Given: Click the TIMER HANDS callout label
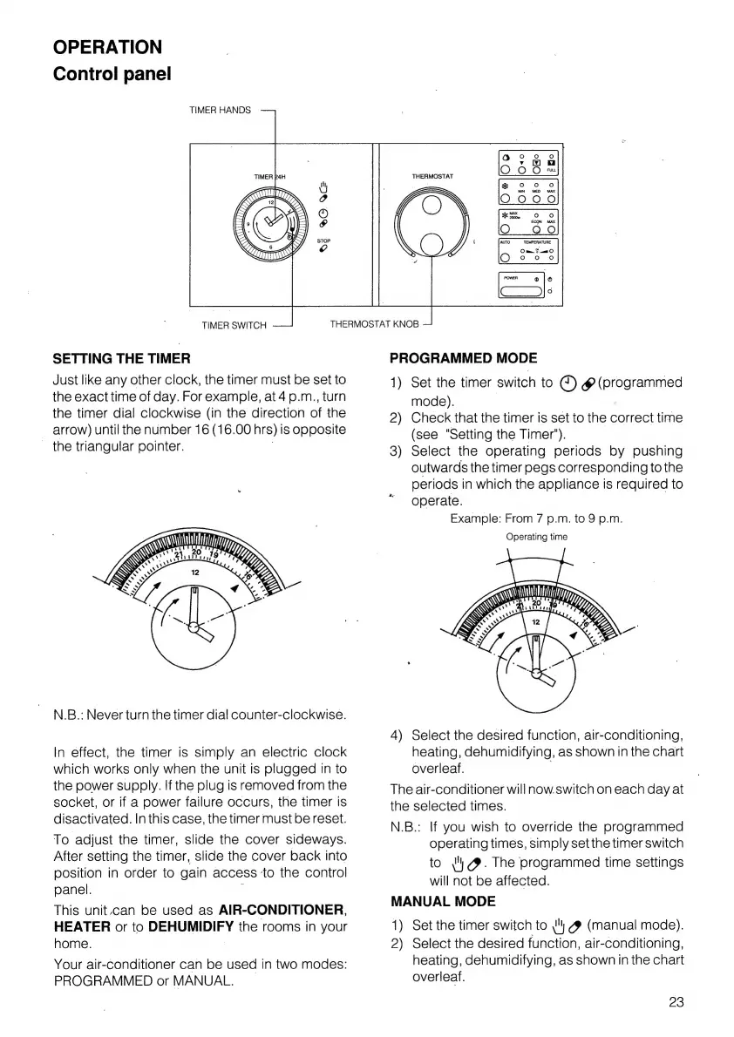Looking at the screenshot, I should (220, 111).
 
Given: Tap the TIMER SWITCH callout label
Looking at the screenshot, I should (234, 325).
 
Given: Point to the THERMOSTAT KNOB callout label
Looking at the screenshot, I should (375, 324).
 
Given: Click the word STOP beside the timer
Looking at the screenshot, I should (323, 241).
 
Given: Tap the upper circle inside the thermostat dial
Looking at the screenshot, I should (432, 205).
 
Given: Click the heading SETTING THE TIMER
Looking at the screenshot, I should (122, 358).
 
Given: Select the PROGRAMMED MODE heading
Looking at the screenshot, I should (463, 358).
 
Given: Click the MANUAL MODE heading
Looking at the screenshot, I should (443, 901).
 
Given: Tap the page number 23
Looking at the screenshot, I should (676, 1002).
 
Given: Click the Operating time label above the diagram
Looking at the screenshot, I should (536, 537).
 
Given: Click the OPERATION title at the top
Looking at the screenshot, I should (107, 47).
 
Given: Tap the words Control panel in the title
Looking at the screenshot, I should (112, 73).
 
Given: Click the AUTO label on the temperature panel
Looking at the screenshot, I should (504, 241).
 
